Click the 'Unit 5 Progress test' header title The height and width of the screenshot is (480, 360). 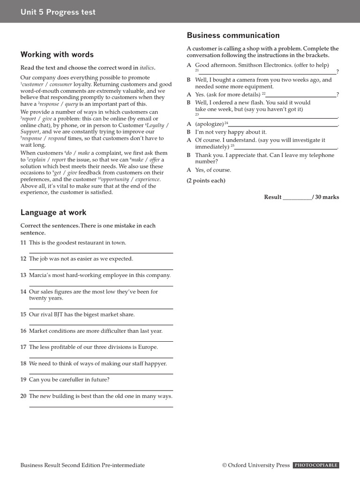tap(58, 12)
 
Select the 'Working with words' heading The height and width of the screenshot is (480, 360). tap(57, 54)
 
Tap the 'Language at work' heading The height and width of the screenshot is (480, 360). tap(53, 212)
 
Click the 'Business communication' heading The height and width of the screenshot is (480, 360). tap(233, 35)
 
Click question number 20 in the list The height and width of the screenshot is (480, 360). tap(23, 396)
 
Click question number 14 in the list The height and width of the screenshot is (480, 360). tap(23, 292)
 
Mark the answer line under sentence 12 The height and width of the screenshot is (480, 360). tap(101, 270)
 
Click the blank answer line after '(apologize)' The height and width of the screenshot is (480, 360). tap(283, 126)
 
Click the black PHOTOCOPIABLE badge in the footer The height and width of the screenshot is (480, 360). tap(315, 465)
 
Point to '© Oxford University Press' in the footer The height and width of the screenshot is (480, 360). tap(256, 465)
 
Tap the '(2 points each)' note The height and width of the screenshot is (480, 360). tap(206, 180)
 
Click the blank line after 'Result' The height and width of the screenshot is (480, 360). tap(297, 199)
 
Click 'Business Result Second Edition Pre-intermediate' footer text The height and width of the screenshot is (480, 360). tap(82, 465)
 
